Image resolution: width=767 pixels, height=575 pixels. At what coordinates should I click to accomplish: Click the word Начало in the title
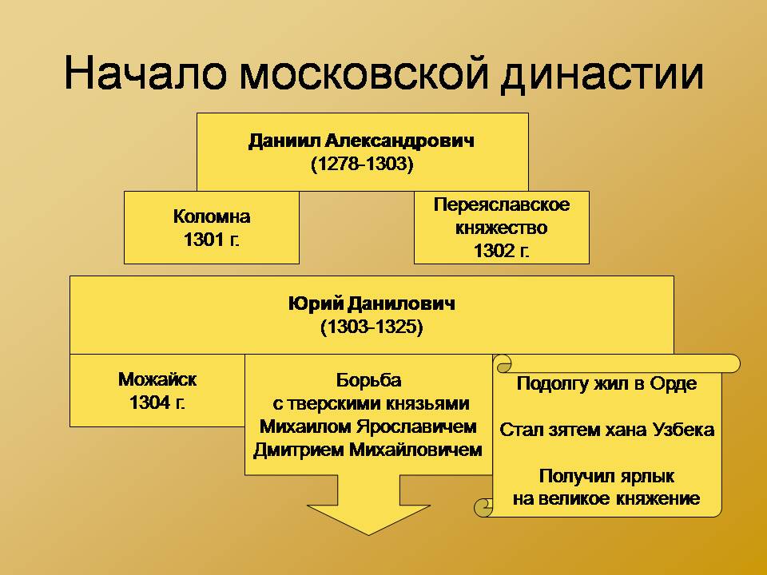click(145, 73)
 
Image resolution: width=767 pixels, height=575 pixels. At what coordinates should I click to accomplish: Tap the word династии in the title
click(602, 75)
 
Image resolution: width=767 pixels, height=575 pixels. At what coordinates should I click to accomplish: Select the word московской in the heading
click(364, 73)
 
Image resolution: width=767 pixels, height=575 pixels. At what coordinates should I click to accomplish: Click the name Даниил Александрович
click(361, 141)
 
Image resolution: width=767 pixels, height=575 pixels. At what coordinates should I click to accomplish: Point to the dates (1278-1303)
click(362, 164)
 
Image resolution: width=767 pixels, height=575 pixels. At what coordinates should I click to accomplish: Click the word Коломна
click(212, 216)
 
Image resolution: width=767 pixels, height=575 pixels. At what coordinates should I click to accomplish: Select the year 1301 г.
click(211, 240)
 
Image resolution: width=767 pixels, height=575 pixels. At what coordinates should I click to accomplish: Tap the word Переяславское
click(502, 204)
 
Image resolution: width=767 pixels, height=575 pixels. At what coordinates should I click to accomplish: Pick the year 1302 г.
click(502, 251)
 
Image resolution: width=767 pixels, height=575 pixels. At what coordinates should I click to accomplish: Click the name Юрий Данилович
click(372, 303)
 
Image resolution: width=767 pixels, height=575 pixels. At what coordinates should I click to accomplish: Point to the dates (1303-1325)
click(372, 327)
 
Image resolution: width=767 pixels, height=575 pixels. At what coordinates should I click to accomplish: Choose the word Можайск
click(157, 379)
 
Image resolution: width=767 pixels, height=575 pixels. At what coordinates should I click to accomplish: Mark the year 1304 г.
click(157, 402)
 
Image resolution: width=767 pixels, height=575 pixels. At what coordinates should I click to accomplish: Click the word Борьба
click(369, 380)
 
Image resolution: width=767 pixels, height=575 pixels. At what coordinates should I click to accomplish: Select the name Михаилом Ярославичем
click(368, 426)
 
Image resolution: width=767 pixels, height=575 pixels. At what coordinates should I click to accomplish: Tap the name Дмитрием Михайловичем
click(368, 450)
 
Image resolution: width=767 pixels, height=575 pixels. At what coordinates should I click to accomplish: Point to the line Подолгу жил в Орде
click(606, 384)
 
